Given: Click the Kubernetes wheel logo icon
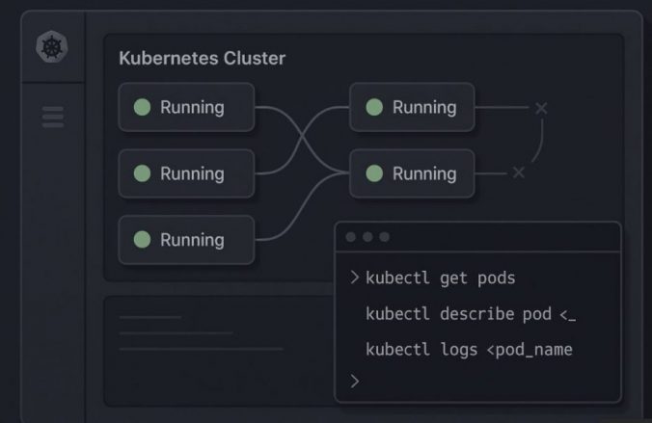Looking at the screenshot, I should (x=52, y=47).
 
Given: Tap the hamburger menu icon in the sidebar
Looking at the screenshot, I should (x=52, y=116).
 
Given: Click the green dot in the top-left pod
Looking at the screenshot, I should (x=142, y=107).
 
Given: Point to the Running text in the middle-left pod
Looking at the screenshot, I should (x=192, y=173).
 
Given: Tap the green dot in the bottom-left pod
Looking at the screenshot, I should (x=142, y=240).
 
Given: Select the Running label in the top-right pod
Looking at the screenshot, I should (x=424, y=107).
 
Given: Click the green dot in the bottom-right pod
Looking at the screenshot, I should (x=374, y=173).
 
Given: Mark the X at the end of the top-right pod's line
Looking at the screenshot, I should (x=540, y=108).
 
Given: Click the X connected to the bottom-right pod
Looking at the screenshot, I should (x=519, y=172).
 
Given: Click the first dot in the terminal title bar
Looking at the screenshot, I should (x=351, y=237).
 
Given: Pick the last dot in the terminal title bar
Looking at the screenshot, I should (x=384, y=237).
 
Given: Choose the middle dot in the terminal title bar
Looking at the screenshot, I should (x=367, y=237).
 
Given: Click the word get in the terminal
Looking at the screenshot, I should (x=454, y=278).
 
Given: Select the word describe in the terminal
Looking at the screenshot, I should (x=475, y=314).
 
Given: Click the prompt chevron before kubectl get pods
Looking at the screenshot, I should (x=354, y=278).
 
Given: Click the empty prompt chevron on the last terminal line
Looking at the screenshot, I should (x=354, y=382).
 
